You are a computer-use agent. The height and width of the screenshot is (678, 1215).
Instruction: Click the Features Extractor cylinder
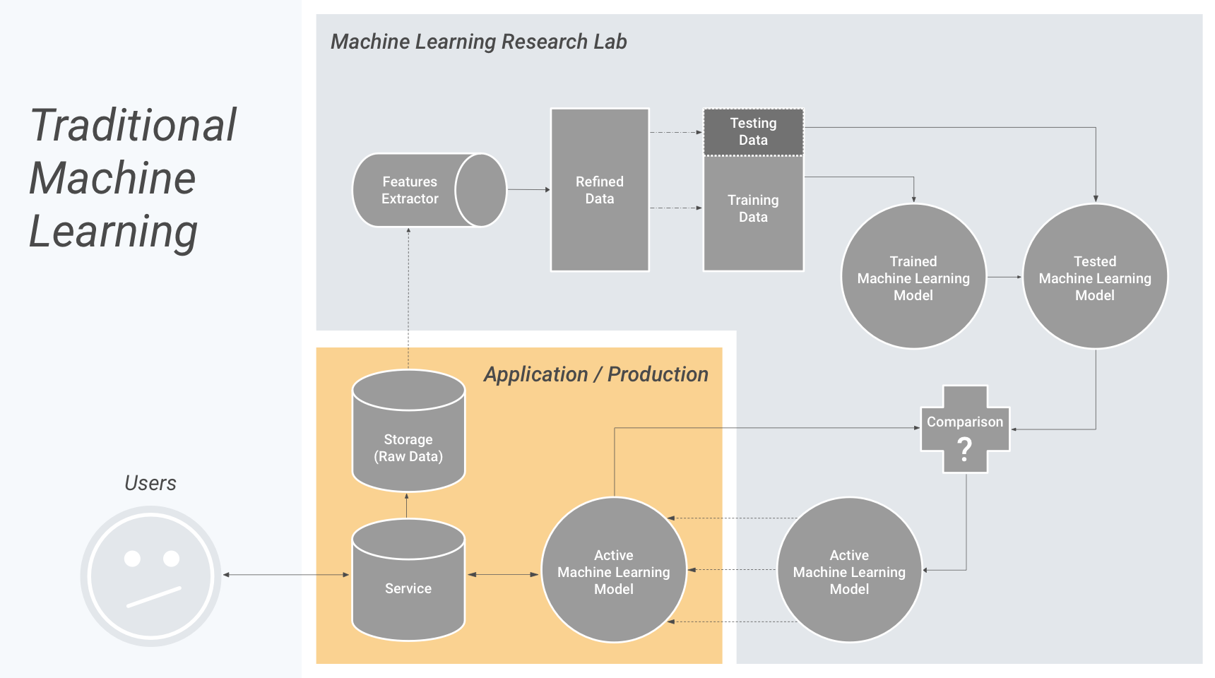(429, 190)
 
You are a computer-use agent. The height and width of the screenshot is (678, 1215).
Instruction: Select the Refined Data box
(600, 190)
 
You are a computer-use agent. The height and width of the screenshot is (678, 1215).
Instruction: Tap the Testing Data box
(753, 131)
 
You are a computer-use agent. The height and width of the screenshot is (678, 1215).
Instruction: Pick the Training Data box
(753, 213)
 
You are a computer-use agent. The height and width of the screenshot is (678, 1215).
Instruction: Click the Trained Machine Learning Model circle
(913, 276)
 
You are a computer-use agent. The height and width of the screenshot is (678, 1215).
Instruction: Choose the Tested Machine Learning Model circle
(1095, 276)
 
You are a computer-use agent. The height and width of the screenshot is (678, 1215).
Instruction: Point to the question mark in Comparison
(965, 448)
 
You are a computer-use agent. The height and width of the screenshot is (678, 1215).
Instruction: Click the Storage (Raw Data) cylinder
(408, 431)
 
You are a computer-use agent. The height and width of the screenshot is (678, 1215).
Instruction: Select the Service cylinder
(408, 580)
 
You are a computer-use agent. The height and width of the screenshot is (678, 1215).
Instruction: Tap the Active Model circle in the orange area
(614, 570)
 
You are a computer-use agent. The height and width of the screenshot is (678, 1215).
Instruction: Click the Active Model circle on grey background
(849, 570)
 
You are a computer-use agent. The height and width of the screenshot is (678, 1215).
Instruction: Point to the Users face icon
(150, 576)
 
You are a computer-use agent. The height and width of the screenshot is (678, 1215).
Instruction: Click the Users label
(150, 483)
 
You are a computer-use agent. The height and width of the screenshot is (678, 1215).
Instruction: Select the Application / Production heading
(596, 374)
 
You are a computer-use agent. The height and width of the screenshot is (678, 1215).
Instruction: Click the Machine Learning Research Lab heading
(479, 42)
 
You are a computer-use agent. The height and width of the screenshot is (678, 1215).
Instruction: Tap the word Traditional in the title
(134, 125)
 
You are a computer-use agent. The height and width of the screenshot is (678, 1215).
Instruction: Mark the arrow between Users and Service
(286, 575)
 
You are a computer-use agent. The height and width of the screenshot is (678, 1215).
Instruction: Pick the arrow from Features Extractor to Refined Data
(528, 189)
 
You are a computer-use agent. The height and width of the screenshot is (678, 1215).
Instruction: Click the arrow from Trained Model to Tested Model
(1004, 277)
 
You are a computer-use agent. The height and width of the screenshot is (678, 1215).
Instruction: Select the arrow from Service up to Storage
(407, 506)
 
